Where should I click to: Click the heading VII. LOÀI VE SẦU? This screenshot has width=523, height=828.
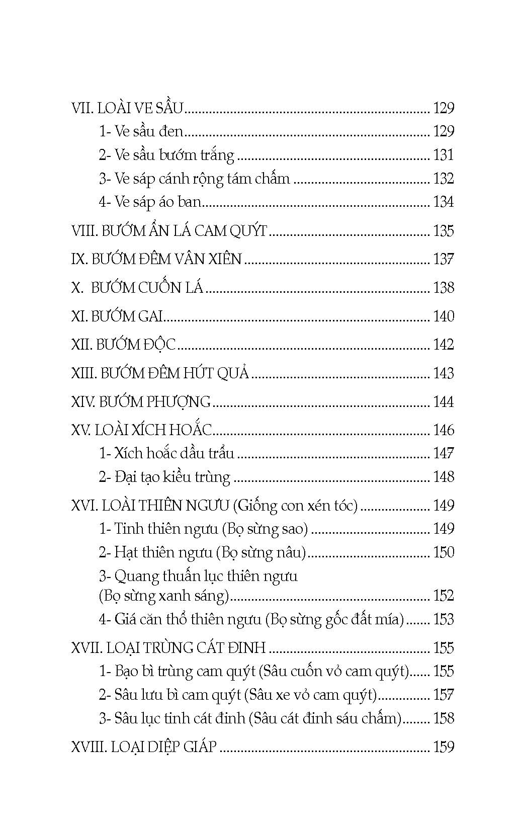pos(128,108)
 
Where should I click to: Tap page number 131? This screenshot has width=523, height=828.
pos(443,155)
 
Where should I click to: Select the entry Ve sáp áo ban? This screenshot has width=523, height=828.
pos(150,202)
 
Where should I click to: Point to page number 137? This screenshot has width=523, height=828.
pos(443,260)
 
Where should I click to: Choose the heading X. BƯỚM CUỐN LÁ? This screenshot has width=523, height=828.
pos(137,288)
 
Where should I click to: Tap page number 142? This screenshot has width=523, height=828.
pos(443,345)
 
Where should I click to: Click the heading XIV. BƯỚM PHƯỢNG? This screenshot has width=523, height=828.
pos(141,401)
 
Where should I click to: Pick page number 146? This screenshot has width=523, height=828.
pos(443,430)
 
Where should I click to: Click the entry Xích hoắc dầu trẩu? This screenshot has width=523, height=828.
pos(166,453)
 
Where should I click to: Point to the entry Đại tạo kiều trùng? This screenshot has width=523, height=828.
pos(164,477)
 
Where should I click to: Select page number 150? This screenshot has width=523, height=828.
pos(443,552)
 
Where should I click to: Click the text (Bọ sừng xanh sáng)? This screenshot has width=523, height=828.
pos(164,596)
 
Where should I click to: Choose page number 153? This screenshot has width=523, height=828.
pos(443,619)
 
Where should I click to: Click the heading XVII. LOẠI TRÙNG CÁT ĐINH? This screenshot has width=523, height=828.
pos(168,648)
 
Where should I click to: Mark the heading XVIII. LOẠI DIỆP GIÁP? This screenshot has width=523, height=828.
pos(144,747)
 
